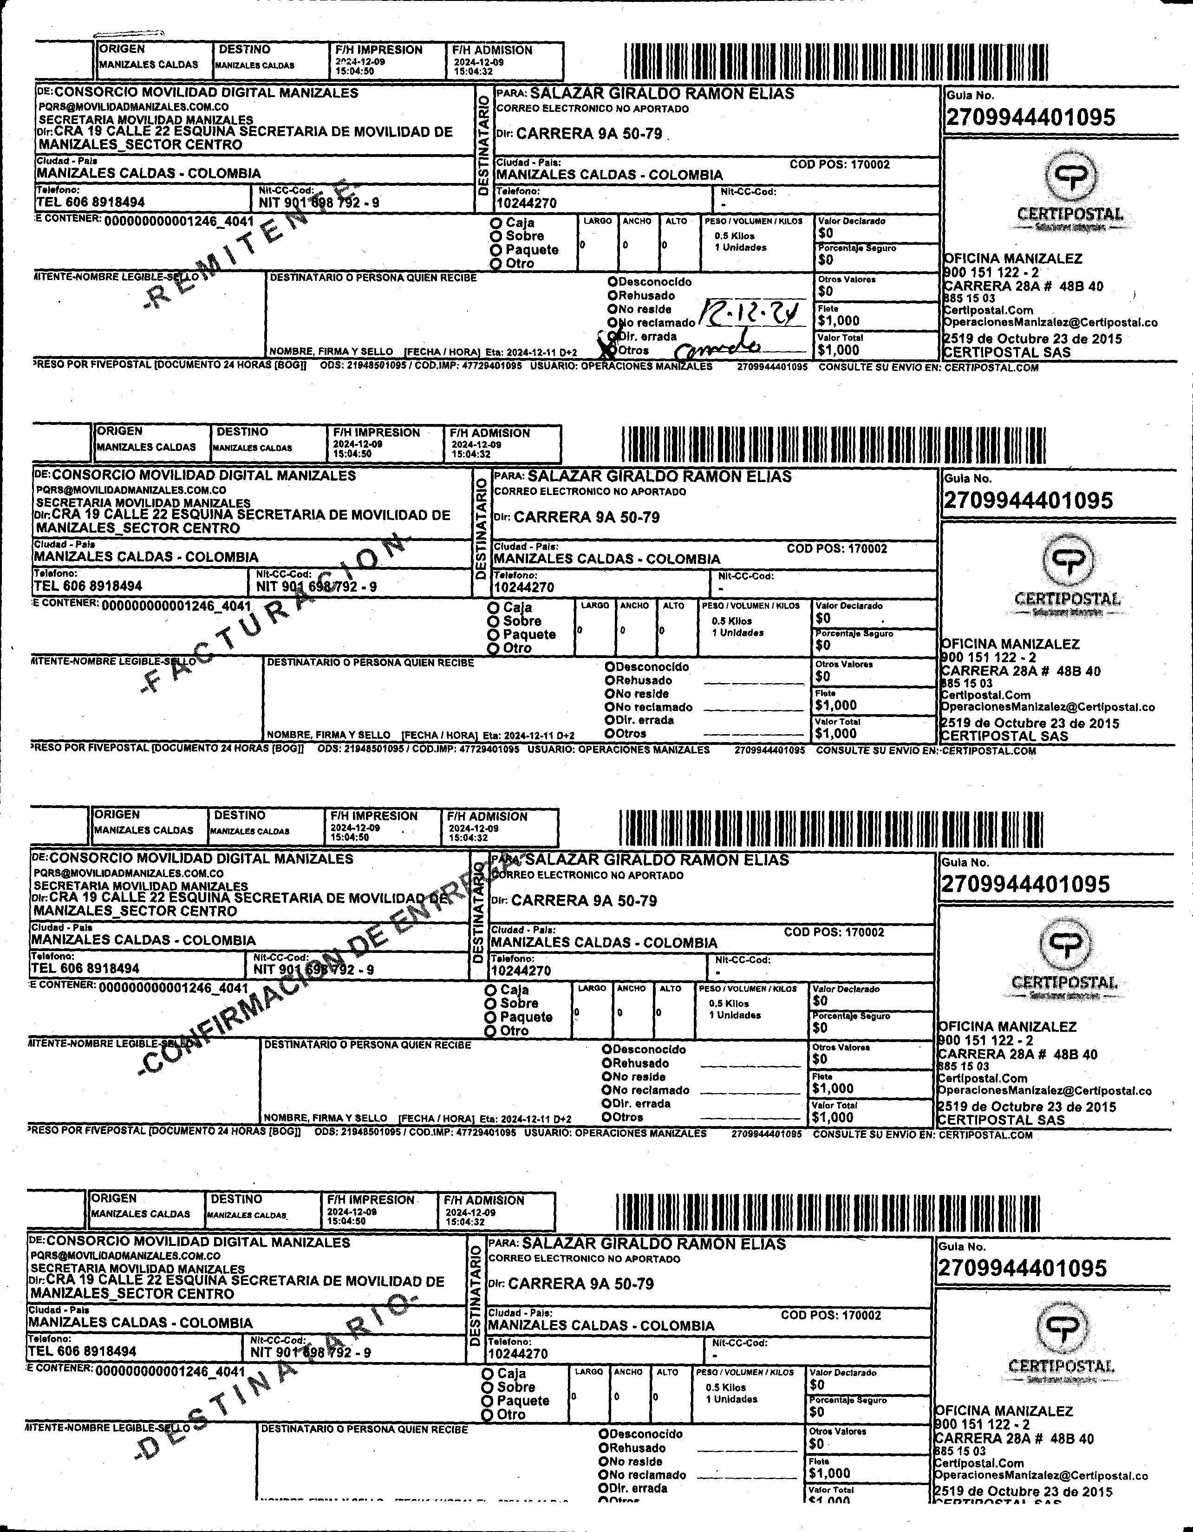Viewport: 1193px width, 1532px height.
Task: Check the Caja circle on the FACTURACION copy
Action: [x=494, y=607]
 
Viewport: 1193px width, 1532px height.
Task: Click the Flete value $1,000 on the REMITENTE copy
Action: [x=838, y=320]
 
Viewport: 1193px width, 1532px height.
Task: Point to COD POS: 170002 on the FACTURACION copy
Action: [x=837, y=548]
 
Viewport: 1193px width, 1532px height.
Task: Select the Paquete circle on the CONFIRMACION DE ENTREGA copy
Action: [x=491, y=1017]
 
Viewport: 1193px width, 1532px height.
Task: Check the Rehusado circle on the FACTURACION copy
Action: [x=610, y=680]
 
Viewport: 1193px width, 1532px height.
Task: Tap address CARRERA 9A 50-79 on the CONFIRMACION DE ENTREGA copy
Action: [x=584, y=901]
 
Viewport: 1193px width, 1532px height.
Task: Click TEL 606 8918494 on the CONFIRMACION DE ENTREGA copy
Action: [x=85, y=968]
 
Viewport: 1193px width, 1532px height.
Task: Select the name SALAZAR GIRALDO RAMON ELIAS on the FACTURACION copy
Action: [x=659, y=476]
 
